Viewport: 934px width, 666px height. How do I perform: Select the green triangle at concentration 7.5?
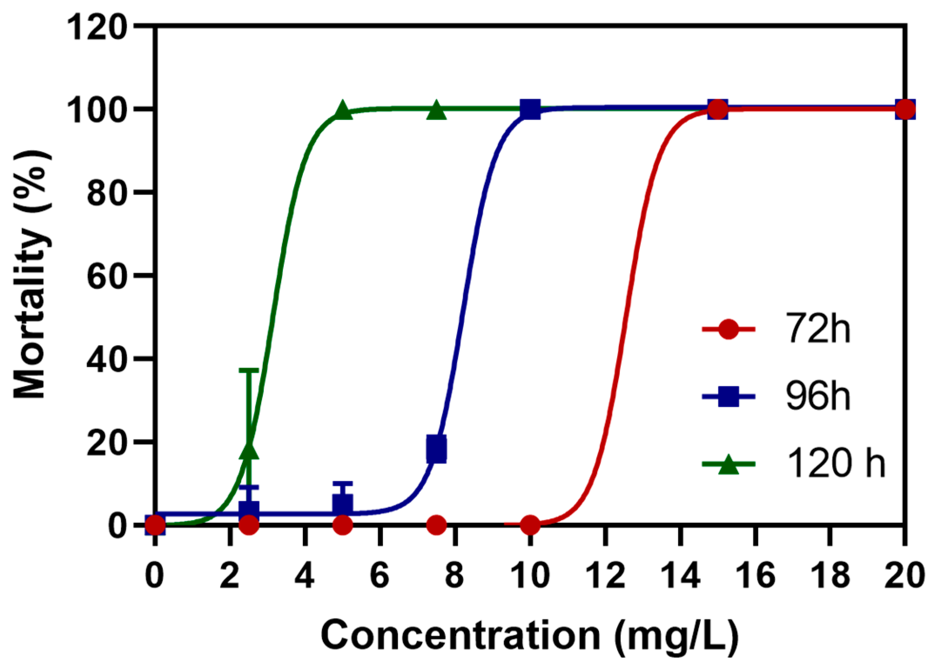coord(437,110)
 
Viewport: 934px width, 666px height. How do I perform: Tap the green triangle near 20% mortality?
coord(249,450)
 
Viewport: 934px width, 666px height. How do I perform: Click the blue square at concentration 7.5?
coord(437,449)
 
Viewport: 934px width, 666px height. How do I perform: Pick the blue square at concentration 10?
coord(530,109)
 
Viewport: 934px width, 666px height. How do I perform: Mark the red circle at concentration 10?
coord(530,525)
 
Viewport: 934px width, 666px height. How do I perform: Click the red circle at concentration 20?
coord(905,109)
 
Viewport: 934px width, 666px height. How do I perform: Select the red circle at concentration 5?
coord(343,525)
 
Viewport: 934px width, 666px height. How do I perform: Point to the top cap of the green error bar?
coord(249,370)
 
